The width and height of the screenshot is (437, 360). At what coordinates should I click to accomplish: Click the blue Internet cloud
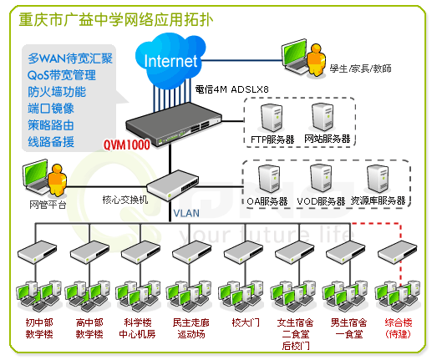click(x=170, y=60)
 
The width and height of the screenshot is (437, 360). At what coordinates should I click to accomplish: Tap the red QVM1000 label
click(x=127, y=145)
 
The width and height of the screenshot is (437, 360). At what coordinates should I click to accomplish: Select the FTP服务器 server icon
click(x=272, y=118)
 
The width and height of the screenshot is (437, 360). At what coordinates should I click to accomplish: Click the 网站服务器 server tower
click(x=323, y=117)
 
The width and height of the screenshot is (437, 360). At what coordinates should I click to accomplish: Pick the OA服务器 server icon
click(x=269, y=179)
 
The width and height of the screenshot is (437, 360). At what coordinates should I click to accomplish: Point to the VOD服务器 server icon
click(x=321, y=178)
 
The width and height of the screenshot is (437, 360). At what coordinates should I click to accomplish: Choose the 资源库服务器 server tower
click(x=378, y=179)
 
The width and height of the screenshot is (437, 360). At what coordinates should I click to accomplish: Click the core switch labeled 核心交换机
click(x=173, y=185)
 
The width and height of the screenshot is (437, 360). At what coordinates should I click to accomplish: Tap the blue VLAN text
click(x=186, y=214)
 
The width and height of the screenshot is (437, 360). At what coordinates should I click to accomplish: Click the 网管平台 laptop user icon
click(x=44, y=178)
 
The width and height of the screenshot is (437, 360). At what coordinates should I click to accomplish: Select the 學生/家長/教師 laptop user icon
click(x=304, y=58)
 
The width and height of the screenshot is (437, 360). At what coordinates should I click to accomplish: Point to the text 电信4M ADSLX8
click(x=232, y=89)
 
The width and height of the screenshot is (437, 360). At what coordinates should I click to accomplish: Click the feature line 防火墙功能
click(x=57, y=92)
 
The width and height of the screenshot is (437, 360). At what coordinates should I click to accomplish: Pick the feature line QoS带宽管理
click(x=62, y=75)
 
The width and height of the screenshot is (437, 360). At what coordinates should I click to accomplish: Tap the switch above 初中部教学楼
click(x=37, y=252)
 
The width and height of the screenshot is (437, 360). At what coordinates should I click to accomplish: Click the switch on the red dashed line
click(x=398, y=252)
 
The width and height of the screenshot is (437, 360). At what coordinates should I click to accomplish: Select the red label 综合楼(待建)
click(x=399, y=328)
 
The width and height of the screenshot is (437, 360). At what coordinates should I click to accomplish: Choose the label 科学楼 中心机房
click(x=137, y=328)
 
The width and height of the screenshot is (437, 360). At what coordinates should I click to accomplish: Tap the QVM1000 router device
click(x=174, y=124)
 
